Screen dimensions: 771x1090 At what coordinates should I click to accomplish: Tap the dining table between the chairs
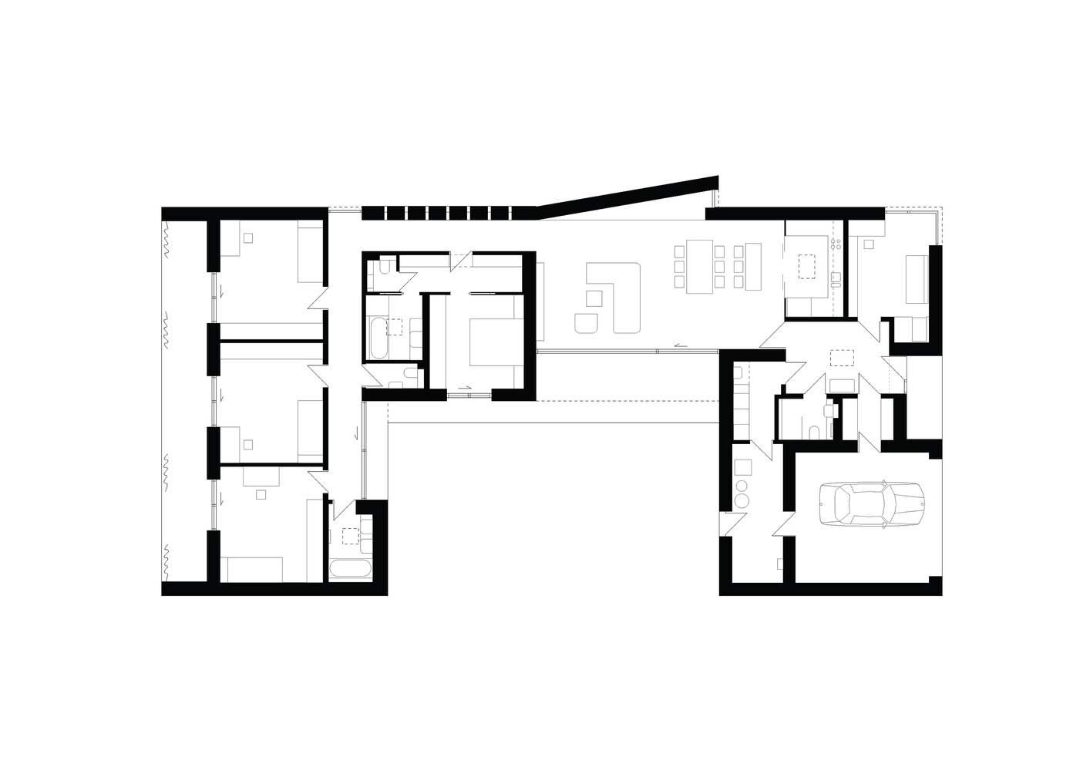[x=701, y=266]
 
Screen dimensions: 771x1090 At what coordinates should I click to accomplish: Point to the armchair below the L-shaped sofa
[x=585, y=322]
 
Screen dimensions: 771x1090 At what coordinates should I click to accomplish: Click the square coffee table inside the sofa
[x=595, y=297]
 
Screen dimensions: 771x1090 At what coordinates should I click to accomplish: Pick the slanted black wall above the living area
[x=628, y=198]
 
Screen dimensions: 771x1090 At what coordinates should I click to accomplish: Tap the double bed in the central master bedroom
[x=493, y=343]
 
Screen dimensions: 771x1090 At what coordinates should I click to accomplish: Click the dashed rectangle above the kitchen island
[x=807, y=267]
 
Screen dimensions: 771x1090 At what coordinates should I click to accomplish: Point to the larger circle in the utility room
[x=742, y=499]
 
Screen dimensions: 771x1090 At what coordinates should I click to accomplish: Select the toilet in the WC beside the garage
[x=815, y=430]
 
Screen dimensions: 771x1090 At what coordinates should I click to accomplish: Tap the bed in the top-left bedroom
[x=311, y=253]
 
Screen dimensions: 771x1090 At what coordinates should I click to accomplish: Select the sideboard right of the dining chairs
[x=753, y=266]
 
